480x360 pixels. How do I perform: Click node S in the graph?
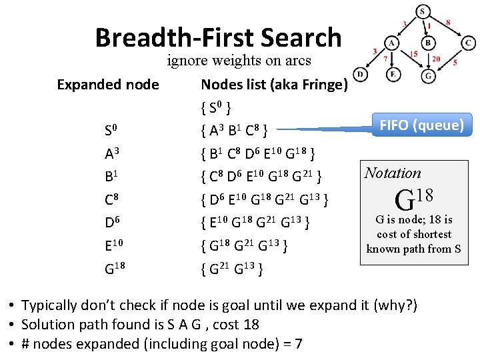tap(423, 11)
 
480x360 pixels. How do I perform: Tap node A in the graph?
tap(392, 43)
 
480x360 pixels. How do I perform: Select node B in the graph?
tap(429, 43)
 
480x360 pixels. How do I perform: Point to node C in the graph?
tap(469, 43)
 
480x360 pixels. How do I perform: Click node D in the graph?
tap(360, 74)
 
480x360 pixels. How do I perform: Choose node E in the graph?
tap(393, 74)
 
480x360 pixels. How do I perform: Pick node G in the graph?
tap(429, 75)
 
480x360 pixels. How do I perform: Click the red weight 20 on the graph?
tap(436, 59)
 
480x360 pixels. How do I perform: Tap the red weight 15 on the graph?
tap(414, 54)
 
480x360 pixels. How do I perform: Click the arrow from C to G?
tap(449, 59)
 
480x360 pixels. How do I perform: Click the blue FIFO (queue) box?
tap(421, 125)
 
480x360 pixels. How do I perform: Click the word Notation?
tap(393, 173)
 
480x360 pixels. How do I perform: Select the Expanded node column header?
tap(108, 85)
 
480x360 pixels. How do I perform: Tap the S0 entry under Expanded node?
tap(111, 129)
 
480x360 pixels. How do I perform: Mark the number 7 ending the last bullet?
tap(299, 344)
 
